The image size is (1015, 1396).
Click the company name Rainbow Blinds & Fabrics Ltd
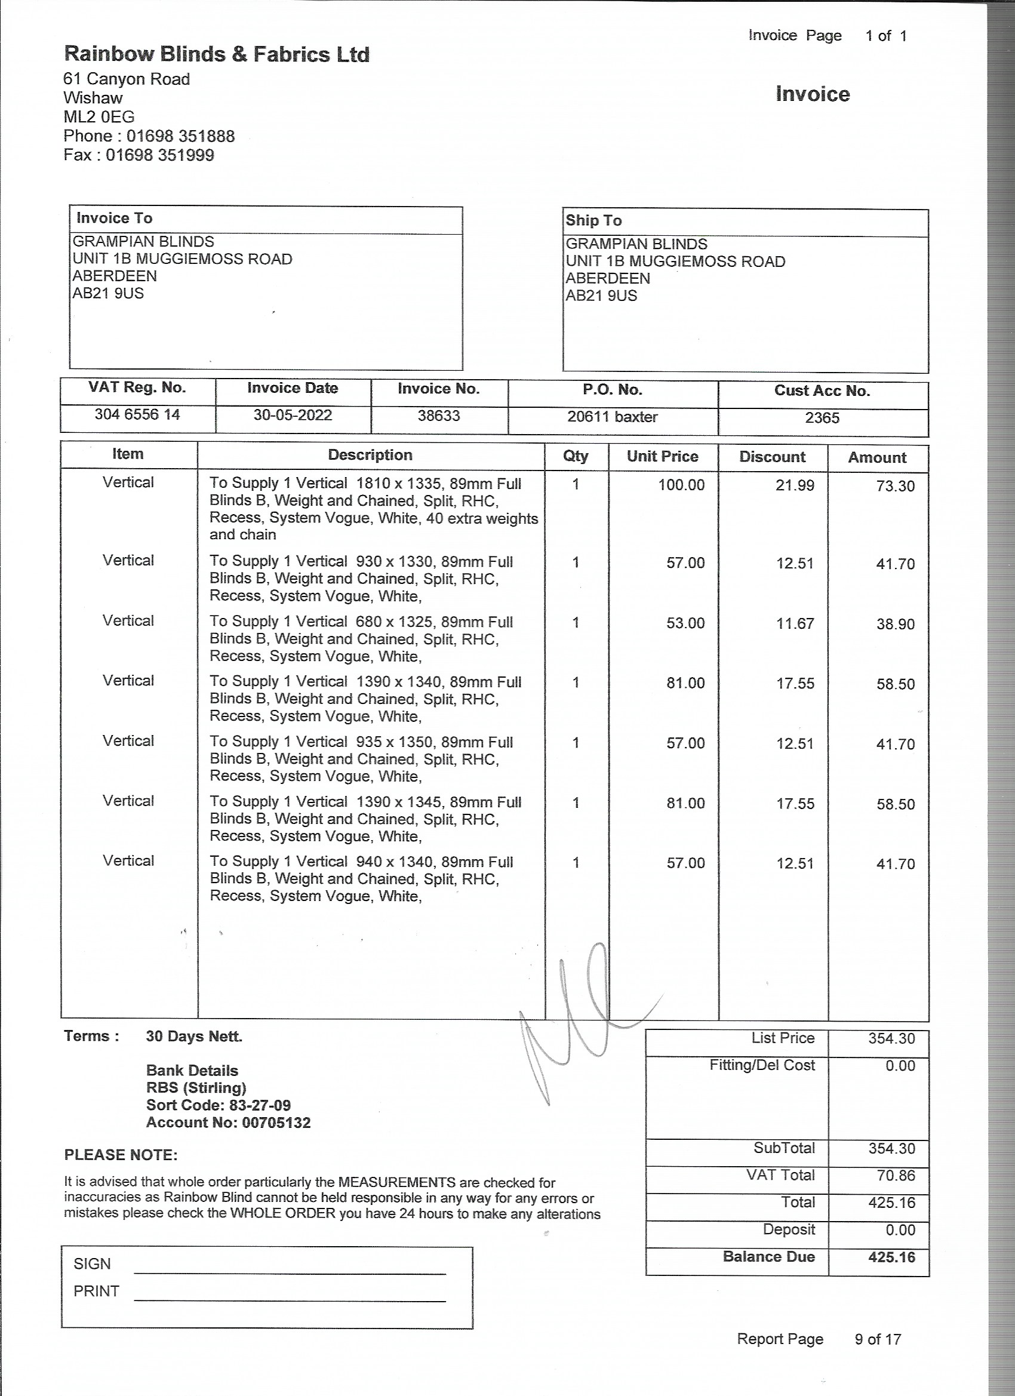pyautogui.click(x=217, y=55)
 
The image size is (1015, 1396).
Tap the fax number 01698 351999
pyautogui.click(x=159, y=155)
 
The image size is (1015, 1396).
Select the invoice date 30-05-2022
pyautogui.click(x=293, y=415)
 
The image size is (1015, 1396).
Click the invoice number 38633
pyautogui.click(x=439, y=416)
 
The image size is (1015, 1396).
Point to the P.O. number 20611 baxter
pyautogui.click(x=613, y=417)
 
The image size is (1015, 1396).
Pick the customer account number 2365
pyautogui.click(x=822, y=418)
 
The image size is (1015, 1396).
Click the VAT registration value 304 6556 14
pyautogui.click(x=137, y=414)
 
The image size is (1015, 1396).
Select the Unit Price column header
pyautogui.click(x=662, y=456)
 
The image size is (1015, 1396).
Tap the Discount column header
pyautogui.click(x=772, y=457)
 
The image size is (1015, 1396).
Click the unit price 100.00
pyautogui.click(x=681, y=485)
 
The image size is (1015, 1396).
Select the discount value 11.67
pyautogui.click(x=795, y=623)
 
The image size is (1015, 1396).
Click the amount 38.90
pyautogui.click(x=895, y=624)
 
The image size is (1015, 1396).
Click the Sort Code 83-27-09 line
pyautogui.click(x=219, y=1105)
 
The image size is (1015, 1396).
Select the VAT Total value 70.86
pyautogui.click(x=896, y=1175)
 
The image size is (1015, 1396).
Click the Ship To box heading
pyautogui.click(x=593, y=220)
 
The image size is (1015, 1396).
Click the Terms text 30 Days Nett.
pyautogui.click(x=194, y=1036)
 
